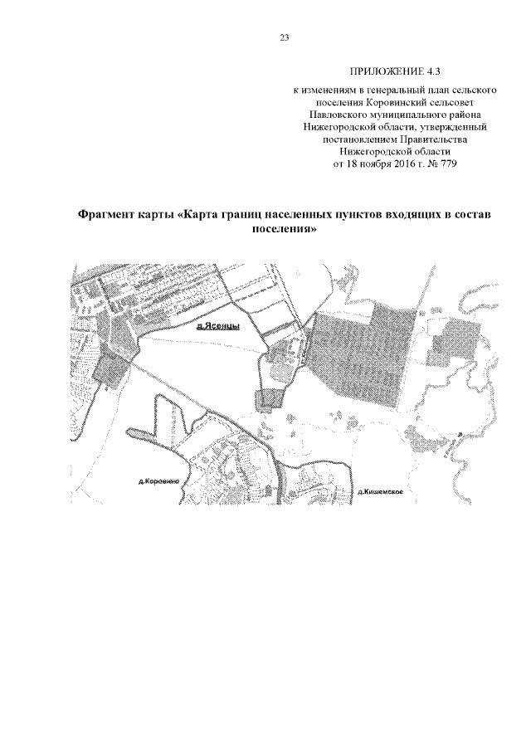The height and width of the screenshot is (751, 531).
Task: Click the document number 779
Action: (x=448, y=164)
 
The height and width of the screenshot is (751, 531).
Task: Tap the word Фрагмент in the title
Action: (x=110, y=214)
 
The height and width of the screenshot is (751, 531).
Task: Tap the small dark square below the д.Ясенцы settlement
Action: (x=270, y=399)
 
